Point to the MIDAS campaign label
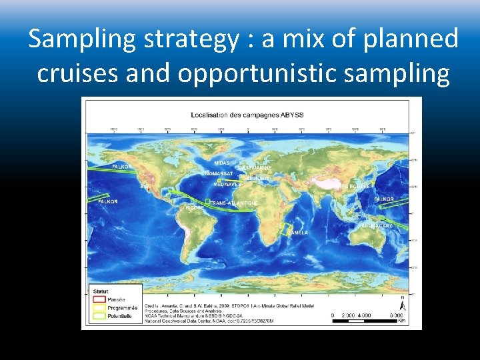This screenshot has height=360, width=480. [x=222, y=163]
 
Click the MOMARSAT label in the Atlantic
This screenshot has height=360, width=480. [x=219, y=173]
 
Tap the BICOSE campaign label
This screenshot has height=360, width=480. [x=195, y=207]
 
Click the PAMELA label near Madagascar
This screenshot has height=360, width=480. [x=297, y=233]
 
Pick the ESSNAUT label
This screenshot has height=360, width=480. [x=259, y=178]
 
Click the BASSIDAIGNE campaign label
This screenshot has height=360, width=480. [x=255, y=167]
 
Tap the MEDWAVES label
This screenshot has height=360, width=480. [x=227, y=184]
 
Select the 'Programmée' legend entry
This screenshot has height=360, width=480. [x=123, y=308]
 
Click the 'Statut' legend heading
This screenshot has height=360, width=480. [x=101, y=291]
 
